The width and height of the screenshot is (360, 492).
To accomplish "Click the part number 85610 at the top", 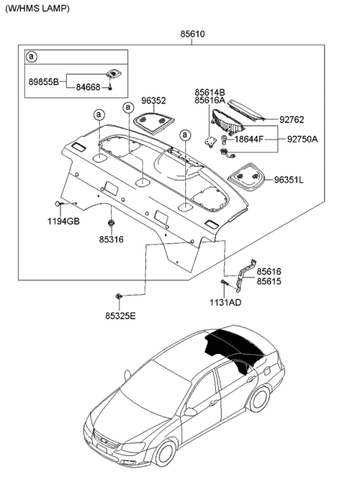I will coord(192,34).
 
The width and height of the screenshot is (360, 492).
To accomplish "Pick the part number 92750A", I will coord(303,139).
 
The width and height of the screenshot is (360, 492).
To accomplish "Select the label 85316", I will coord(112,240).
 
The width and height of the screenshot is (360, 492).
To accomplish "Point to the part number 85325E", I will coord(119,316).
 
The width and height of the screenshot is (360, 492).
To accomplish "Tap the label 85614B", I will coord(210,91).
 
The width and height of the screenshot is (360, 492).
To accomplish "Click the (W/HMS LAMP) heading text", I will coord(35,8).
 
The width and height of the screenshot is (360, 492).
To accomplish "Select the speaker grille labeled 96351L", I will coord(246,178).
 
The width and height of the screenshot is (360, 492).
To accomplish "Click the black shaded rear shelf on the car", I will coord(235,345).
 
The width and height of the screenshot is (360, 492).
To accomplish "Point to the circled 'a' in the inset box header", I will coord(31,57).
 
